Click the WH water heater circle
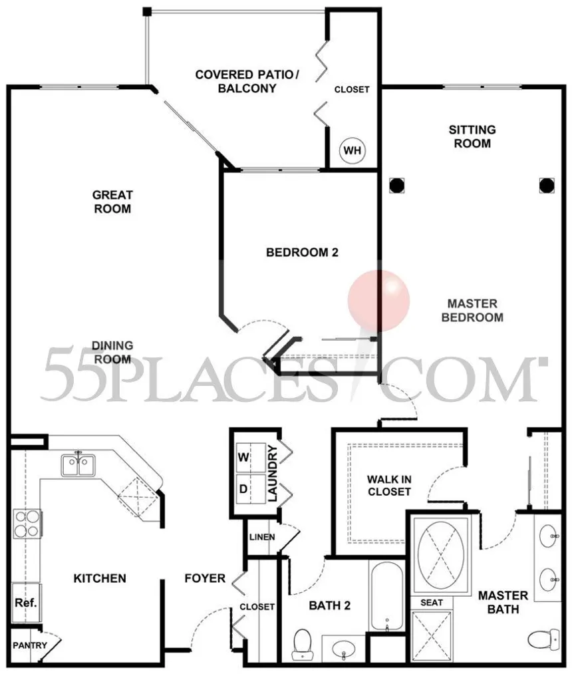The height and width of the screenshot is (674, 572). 353,150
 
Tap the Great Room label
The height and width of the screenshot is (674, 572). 112,202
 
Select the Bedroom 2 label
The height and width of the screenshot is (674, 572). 302,252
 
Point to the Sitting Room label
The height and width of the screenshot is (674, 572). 472,136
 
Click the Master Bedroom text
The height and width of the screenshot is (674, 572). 472,310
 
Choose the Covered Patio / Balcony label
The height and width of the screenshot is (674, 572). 247,81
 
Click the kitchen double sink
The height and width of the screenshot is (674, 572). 78,465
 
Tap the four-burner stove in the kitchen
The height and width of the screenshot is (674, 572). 27,524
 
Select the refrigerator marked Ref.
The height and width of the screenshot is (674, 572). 26,603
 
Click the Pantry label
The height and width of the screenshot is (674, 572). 30,645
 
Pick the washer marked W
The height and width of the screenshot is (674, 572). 251,457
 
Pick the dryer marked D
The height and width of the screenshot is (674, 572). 251,489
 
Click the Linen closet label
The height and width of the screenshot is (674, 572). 262,537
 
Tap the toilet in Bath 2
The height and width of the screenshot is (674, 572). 301,644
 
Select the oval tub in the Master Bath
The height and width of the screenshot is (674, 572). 441,552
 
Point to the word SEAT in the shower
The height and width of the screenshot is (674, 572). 432,603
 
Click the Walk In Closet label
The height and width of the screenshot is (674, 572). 389,485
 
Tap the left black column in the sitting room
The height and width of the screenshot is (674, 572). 396,186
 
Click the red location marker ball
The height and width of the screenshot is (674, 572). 378,301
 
